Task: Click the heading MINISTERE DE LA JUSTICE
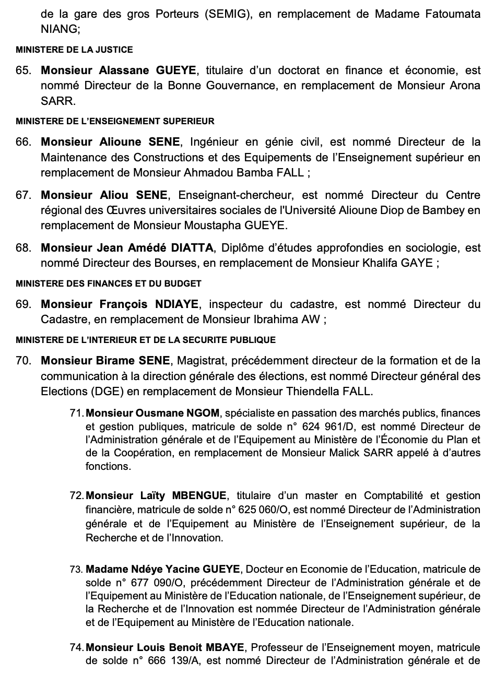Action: tap(75, 50)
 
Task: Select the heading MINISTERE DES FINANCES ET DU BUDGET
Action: tap(109, 284)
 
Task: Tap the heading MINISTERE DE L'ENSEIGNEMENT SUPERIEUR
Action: tap(115, 122)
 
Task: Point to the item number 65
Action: tap(23, 70)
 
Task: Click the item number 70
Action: tap(23, 361)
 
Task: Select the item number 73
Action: tap(77, 570)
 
